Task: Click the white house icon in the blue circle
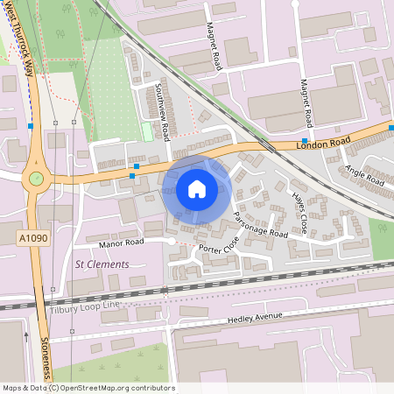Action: pyautogui.click(x=197, y=188)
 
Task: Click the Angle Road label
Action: pyautogui.click(x=364, y=175)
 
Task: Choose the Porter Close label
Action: pyautogui.click(x=218, y=249)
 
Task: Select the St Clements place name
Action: pyautogui.click(x=102, y=264)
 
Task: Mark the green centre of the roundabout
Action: pyautogui.click(x=36, y=179)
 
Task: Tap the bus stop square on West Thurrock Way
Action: pyautogui.click(x=31, y=126)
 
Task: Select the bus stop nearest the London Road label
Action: pyautogui.click(x=304, y=140)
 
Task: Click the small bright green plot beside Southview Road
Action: pyautogui.click(x=147, y=131)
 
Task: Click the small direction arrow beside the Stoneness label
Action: pyautogui.click(x=25, y=335)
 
